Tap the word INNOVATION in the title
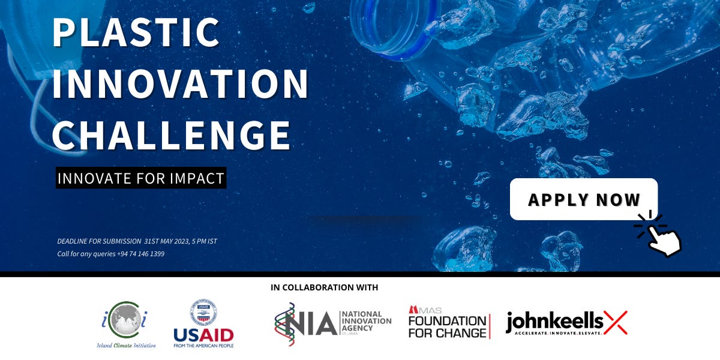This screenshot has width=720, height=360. click(x=180, y=84)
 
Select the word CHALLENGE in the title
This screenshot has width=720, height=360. click(x=172, y=134)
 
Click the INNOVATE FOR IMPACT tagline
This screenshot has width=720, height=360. click(x=141, y=178)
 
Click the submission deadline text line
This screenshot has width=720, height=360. click(x=137, y=241)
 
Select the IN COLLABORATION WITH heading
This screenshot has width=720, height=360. click(x=325, y=287)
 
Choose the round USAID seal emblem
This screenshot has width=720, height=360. click(x=203, y=312)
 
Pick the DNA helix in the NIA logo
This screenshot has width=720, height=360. click(x=284, y=324)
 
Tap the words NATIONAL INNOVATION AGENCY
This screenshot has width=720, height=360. click(x=365, y=322)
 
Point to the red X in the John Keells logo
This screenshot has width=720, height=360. click(x=615, y=323)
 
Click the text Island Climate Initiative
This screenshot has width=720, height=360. click(x=127, y=345)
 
